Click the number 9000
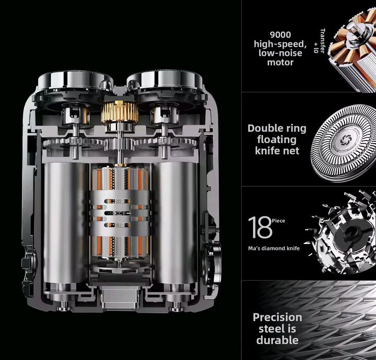pos(280,35)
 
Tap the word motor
pos(280,62)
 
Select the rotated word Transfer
pos(322,41)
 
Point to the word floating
pos(277,140)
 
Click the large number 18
pos(260,227)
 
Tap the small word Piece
pos(278,221)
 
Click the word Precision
pos(277,318)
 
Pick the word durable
pos(277,340)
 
